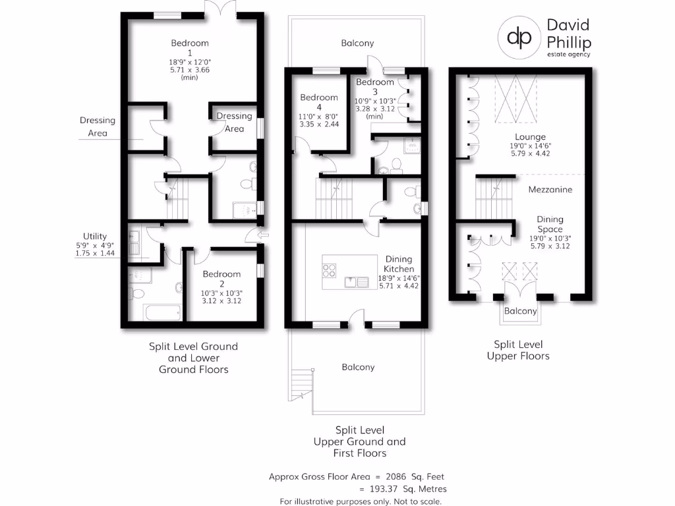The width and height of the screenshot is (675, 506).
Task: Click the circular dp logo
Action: (x=519, y=38)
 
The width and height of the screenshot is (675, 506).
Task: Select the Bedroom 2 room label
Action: (x=221, y=274)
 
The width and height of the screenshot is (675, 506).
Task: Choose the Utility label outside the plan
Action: (x=94, y=237)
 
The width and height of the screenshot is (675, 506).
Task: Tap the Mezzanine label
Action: (x=550, y=190)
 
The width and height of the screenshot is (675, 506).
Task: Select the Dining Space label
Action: (x=550, y=225)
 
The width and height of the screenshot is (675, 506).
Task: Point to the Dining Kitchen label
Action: (x=399, y=264)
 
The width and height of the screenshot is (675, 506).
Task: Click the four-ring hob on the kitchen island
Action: (x=329, y=270)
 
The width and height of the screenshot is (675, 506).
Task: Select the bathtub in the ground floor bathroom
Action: (x=162, y=312)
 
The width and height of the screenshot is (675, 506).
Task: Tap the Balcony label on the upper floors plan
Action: (x=520, y=311)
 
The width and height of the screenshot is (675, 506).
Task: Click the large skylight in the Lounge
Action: (x=516, y=98)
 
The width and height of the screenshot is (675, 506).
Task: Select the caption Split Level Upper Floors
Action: (x=518, y=350)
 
